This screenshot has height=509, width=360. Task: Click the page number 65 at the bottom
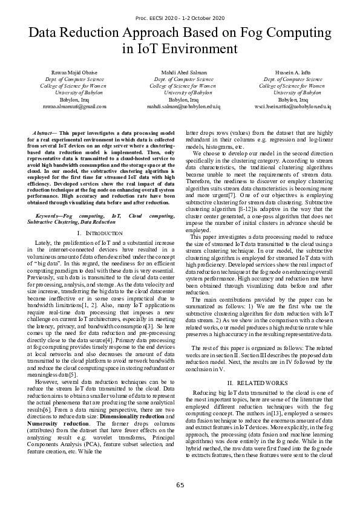[x=180, y=485]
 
